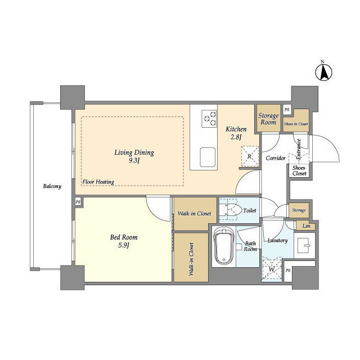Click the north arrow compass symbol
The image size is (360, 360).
[x=323, y=73]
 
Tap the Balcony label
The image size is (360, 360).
[x=52, y=186]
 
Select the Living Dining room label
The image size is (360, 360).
[x=134, y=156]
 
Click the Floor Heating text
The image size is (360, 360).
[x=98, y=182]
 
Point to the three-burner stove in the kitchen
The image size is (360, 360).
[x=209, y=119]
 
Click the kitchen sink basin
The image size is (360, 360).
[x=208, y=157]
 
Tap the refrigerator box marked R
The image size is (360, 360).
[x=250, y=156]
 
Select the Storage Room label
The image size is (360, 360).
[x=268, y=119]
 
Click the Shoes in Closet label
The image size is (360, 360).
[x=296, y=124]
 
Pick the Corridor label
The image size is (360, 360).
[x=276, y=158]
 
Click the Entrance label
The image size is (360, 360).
[x=299, y=149]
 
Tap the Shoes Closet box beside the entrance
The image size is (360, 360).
[x=299, y=170]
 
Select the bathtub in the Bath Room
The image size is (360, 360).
[x=224, y=246]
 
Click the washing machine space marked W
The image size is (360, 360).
[x=272, y=269]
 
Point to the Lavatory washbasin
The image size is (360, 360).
[x=304, y=245]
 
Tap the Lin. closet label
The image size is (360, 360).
[x=307, y=226]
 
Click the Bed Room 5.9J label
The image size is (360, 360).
[x=124, y=241]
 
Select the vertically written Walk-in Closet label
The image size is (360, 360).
[x=191, y=259]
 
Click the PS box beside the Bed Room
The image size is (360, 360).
[x=78, y=202]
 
